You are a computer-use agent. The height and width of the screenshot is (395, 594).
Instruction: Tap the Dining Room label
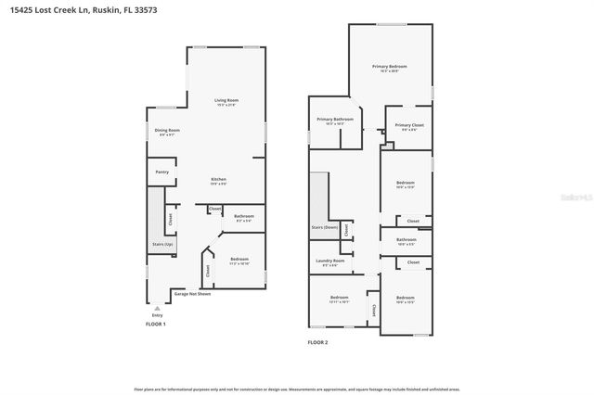click(x=168, y=131)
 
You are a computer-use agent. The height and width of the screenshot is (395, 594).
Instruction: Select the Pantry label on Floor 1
click(x=161, y=172)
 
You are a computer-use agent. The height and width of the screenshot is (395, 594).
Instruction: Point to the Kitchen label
click(x=218, y=180)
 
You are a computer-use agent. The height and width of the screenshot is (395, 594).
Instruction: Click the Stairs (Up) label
click(x=162, y=244)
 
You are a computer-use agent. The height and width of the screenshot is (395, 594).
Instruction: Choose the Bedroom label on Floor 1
click(x=239, y=259)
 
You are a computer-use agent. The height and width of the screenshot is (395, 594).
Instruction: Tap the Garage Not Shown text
click(x=192, y=294)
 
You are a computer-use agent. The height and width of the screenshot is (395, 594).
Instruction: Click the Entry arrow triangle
click(x=157, y=306)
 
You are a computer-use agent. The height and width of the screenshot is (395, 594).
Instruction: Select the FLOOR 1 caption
click(x=156, y=324)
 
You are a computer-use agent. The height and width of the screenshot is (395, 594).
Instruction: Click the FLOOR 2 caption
click(x=318, y=342)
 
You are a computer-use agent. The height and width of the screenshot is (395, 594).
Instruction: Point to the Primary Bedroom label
click(x=390, y=67)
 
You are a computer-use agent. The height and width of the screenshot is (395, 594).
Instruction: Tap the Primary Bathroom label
click(x=335, y=120)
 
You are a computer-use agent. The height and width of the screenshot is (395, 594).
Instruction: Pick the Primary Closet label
click(x=408, y=125)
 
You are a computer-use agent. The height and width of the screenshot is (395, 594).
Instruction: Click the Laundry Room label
click(x=329, y=261)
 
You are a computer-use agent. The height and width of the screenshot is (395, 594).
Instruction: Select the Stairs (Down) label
click(x=324, y=226)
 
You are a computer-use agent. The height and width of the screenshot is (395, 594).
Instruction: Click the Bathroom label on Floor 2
click(x=406, y=240)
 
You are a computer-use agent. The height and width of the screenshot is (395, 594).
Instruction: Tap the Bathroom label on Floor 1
click(x=244, y=217)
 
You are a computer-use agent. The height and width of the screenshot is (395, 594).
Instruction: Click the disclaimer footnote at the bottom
click(x=297, y=389)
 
